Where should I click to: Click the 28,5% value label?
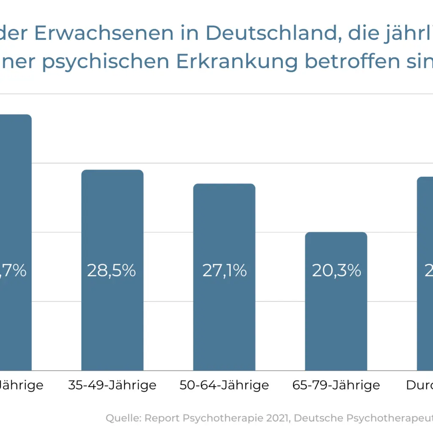(x=112, y=271)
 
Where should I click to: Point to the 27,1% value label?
(x=225, y=271)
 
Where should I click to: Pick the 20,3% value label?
(x=337, y=271)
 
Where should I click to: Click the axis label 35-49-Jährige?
(x=112, y=385)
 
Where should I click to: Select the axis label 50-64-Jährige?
(x=224, y=385)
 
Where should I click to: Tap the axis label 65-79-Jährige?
(x=336, y=385)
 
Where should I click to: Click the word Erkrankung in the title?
(x=236, y=62)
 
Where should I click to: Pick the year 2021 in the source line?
(x=277, y=418)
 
